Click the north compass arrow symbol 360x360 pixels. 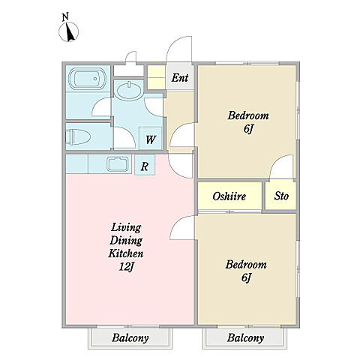[x=69, y=31]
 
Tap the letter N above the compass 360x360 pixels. [x=65, y=17]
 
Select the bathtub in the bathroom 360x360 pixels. [x=87, y=79]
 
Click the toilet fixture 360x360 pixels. [x=78, y=136]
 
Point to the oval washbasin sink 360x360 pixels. [x=129, y=91]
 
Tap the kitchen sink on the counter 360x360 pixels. [x=117, y=164]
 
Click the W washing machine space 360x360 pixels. [x=151, y=139]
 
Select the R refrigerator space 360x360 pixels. [x=145, y=166]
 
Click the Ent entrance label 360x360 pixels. [x=180, y=77]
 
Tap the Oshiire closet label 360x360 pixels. [x=229, y=196]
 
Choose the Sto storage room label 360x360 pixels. [x=281, y=196]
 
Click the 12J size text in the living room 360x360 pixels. [x=127, y=267]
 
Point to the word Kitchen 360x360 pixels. [x=126, y=253]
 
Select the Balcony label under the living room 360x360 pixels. [x=130, y=338]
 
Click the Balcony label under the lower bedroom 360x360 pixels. [x=245, y=338]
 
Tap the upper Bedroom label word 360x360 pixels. [x=248, y=115]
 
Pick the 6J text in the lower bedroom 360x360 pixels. [x=246, y=277]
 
